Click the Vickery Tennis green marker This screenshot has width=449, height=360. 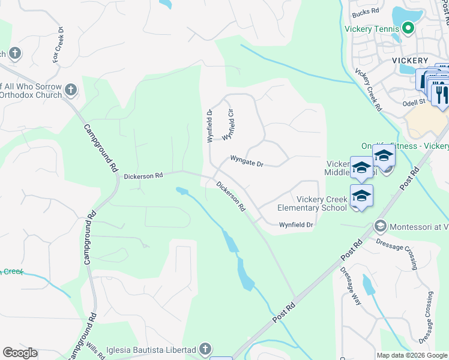click(x=408, y=28)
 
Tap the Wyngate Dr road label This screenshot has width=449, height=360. click(x=247, y=161)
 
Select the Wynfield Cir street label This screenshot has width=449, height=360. click(x=228, y=125)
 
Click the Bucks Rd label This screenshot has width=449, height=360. click(x=366, y=11)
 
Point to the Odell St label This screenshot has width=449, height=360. click(x=414, y=102)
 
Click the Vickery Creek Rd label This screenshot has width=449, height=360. click(x=367, y=89)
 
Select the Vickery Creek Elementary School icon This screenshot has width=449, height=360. click(x=361, y=196)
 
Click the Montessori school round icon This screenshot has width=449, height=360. click(x=379, y=226)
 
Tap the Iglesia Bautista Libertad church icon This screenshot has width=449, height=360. click(x=205, y=349)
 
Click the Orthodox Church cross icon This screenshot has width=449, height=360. click(x=71, y=91)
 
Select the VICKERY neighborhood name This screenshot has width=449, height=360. click(x=410, y=61)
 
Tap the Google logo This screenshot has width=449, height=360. click(x=20, y=352)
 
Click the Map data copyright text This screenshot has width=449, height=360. click(x=412, y=355)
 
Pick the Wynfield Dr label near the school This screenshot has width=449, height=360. click(x=296, y=225)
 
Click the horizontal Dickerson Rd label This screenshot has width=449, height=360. click(x=143, y=176)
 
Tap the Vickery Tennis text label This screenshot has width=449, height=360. click(x=372, y=28)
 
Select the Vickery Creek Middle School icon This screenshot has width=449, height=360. click(x=361, y=169)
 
